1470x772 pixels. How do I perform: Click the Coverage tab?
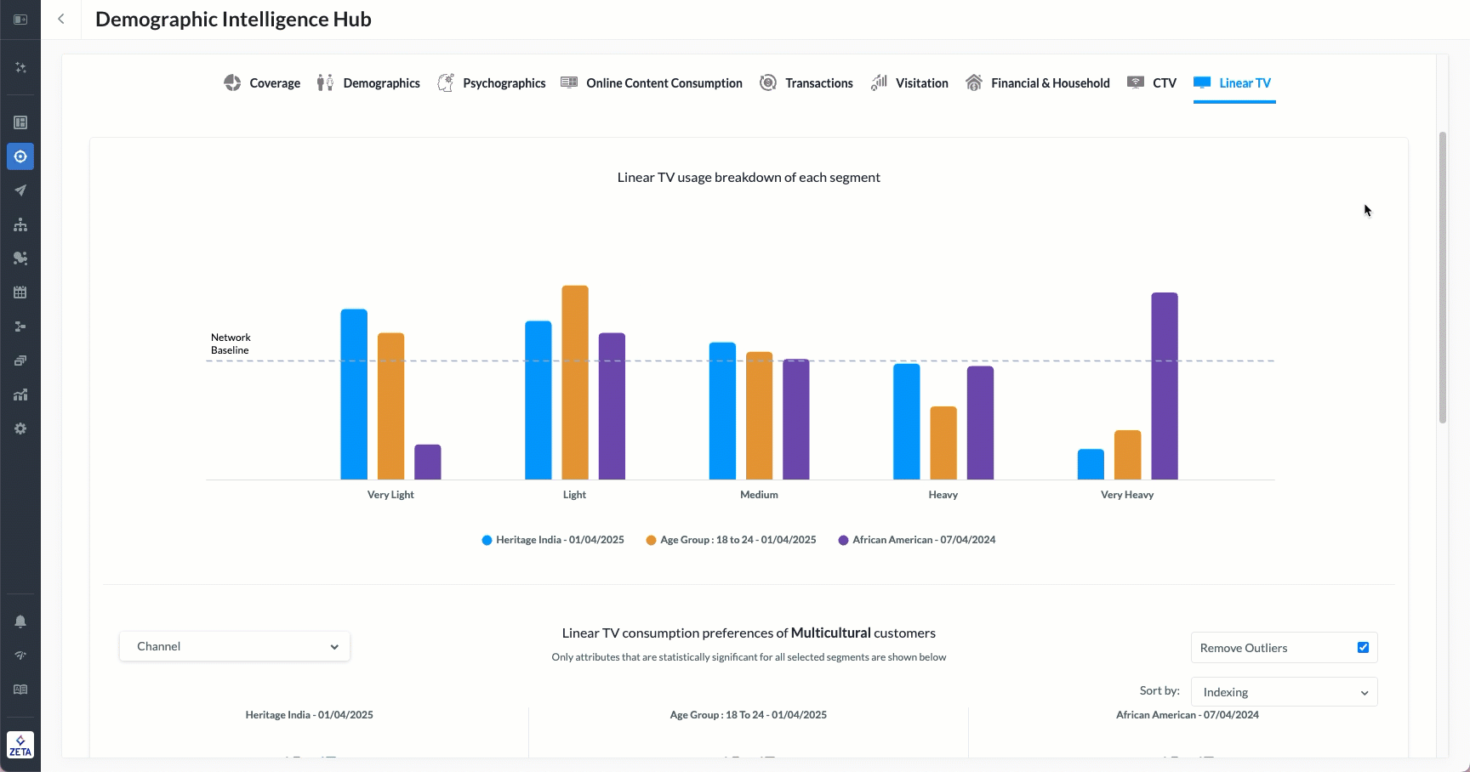[x=262, y=83]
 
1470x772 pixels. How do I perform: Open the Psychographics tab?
[x=492, y=83]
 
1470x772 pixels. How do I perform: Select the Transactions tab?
[x=806, y=83]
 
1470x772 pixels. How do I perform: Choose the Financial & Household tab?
[x=1038, y=83]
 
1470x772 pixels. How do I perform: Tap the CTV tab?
[x=1153, y=83]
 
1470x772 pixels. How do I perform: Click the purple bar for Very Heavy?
[x=1165, y=386]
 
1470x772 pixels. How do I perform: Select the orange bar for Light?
[x=575, y=383]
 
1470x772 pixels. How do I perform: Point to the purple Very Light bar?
[x=428, y=463]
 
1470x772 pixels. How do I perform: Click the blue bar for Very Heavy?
[x=1091, y=465]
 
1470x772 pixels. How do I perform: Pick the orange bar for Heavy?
[x=943, y=443]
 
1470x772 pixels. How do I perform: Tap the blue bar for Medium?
[x=722, y=412]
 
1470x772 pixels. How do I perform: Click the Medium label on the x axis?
[x=759, y=495]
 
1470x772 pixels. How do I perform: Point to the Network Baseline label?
[x=231, y=343]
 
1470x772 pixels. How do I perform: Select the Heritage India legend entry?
[x=553, y=540]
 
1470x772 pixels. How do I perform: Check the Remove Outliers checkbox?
[x=1363, y=648]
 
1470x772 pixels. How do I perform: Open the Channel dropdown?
[x=235, y=646]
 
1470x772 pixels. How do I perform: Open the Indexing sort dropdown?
[x=1284, y=692]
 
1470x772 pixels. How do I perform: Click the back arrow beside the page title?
[x=61, y=19]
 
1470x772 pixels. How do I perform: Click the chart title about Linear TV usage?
[x=749, y=178]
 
